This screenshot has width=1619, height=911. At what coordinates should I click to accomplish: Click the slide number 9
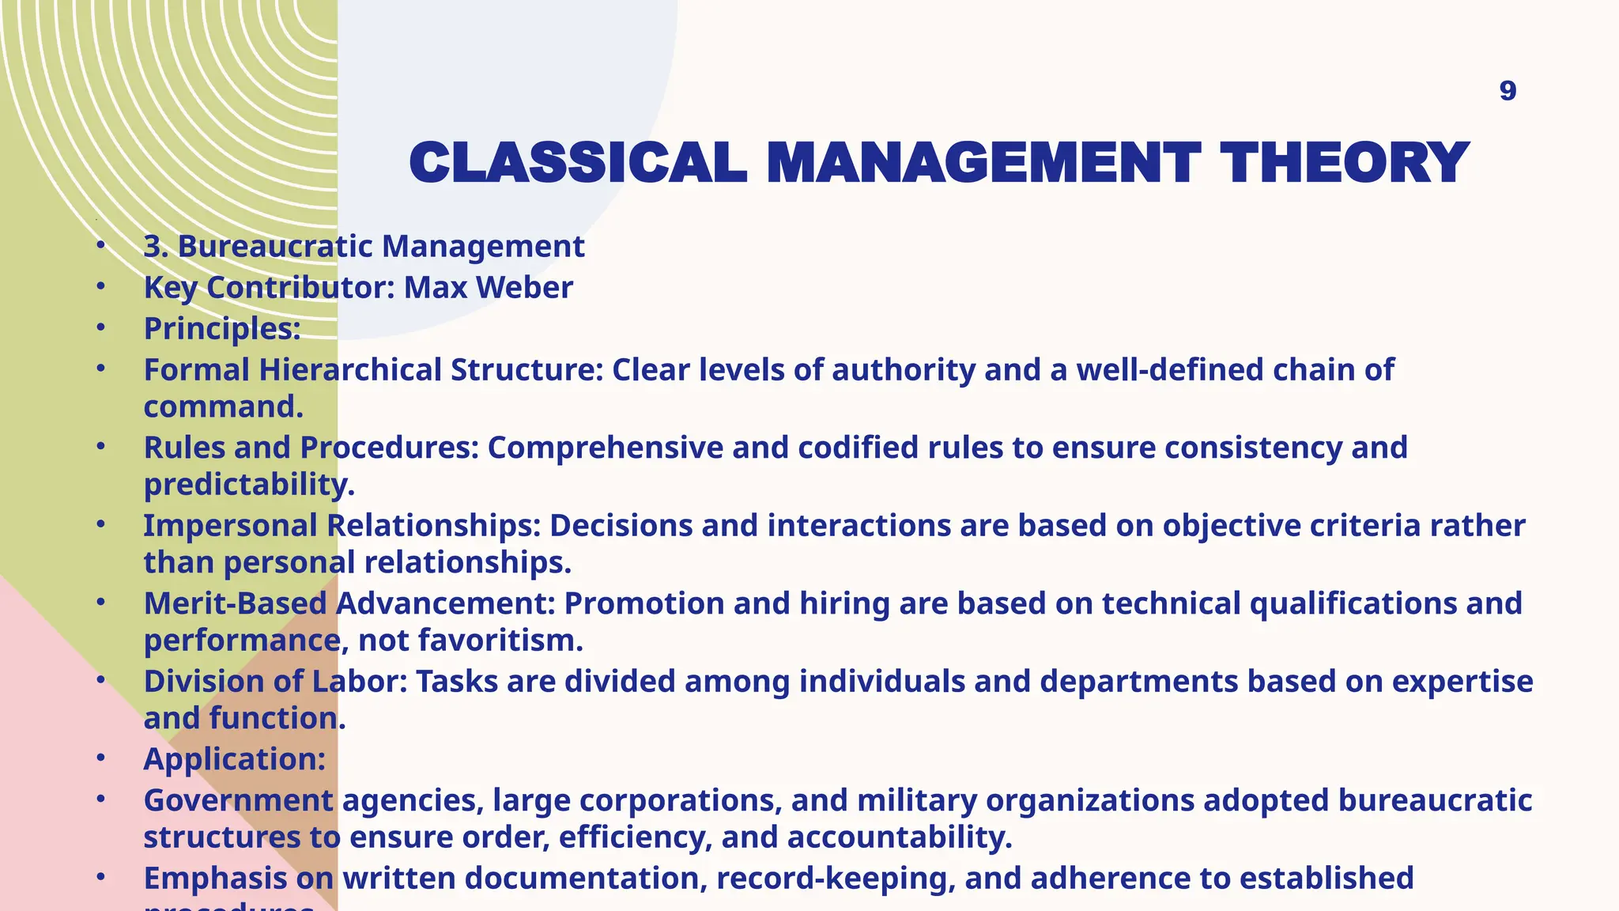(1508, 91)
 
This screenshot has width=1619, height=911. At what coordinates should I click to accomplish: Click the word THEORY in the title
(1344, 163)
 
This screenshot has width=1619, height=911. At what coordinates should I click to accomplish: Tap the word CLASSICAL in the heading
(578, 163)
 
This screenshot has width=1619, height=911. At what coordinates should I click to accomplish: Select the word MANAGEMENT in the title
(983, 163)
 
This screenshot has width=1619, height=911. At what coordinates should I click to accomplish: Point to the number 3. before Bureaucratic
(156, 247)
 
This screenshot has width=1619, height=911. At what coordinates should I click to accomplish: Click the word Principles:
(222, 329)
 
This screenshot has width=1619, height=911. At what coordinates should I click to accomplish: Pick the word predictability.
(249, 484)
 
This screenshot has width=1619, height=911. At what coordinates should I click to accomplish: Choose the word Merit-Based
(235, 603)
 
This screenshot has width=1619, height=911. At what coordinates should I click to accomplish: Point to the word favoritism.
(500, 640)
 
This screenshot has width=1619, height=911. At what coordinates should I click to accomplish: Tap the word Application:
(234, 759)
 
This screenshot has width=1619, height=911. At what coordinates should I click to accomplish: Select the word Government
(238, 800)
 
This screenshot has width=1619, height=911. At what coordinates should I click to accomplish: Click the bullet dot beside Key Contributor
(100, 286)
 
